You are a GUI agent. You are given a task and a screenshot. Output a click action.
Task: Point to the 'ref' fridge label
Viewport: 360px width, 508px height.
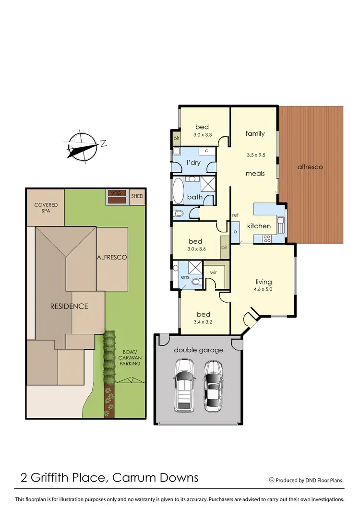[x=235, y=214]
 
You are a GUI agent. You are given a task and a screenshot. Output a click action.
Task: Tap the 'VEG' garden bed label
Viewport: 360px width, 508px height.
[x=115, y=193]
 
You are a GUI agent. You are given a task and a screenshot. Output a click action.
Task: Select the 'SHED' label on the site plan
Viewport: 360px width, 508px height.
[x=137, y=196]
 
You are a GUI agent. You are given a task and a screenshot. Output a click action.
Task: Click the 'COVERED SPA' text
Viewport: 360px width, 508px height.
[x=46, y=208]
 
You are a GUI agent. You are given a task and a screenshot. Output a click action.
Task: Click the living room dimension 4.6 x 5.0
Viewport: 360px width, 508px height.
[x=264, y=289]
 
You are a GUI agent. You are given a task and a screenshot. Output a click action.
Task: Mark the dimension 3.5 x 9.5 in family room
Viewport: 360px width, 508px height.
[x=255, y=155]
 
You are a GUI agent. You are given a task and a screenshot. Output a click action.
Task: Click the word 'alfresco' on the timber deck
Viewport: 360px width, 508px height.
[x=310, y=167]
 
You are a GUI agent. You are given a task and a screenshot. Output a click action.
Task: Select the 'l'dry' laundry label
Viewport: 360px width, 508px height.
[x=193, y=163]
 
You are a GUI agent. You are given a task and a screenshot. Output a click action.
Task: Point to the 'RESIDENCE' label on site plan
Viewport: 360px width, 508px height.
[x=69, y=306]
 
